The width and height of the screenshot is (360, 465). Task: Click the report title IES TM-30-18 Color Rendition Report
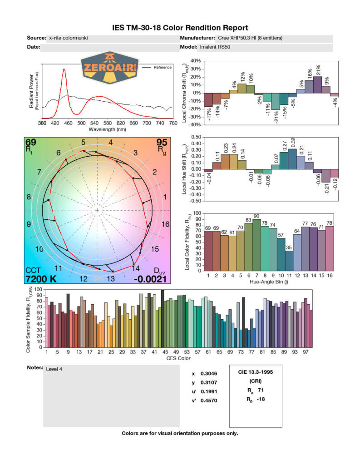pyautogui.click(x=180, y=28)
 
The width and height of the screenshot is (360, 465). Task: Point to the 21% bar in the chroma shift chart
pyautogui.click(x=317, y=84)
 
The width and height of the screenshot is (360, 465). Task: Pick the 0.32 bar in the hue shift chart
pyautogui.click(x=292, y=159)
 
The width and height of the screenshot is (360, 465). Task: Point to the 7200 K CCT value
pyautogui.click(x=41, y=279)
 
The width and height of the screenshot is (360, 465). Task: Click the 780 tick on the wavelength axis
pyautogui.click(x=173, y=123)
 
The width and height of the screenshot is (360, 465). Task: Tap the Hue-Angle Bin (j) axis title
pyautogui.click(x=270, y=282)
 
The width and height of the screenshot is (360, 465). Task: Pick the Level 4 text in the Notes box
pyautogui.click(x=54, y=369)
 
